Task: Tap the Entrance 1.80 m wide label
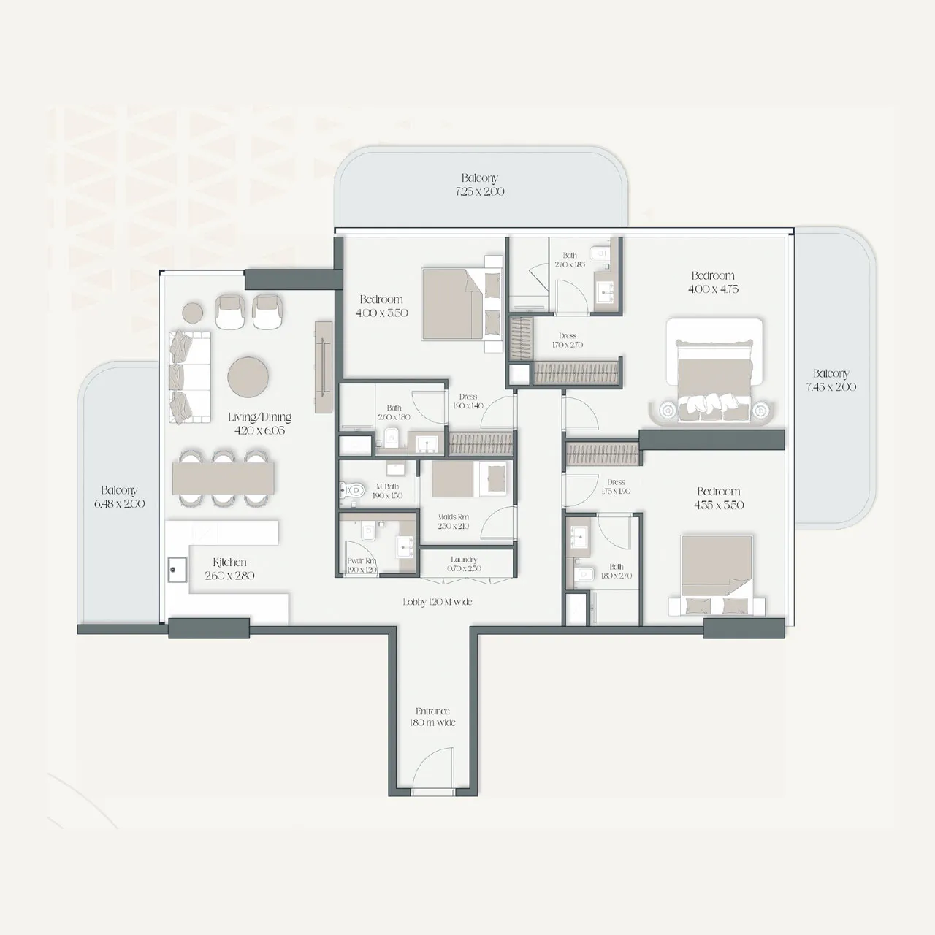click(x=432, y=717)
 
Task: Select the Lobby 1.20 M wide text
click(x=437, y=602)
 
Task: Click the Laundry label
click(x=464, y=564)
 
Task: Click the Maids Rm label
click(x=454, y=521)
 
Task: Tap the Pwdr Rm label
click(x=361, y=565)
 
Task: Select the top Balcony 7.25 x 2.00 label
click(x=479, y=185)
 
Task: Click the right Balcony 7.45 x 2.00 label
click(x=831, y=380)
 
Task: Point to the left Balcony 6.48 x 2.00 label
click(x=119, y=497)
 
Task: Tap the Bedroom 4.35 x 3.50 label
click(x=719, y=498)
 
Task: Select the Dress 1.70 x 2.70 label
click(x=568, y=340)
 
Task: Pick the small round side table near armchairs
click(x=193, y=313)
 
